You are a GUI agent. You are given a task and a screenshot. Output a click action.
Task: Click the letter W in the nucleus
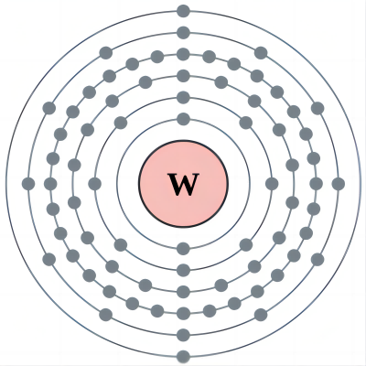[183, 184]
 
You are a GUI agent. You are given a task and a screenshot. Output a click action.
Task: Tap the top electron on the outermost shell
[183, 11]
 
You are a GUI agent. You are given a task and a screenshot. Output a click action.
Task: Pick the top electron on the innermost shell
[183, 119]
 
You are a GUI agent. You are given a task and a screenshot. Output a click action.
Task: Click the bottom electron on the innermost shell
[183, 249]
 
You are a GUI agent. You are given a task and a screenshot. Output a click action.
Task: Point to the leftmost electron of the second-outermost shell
[28, 184]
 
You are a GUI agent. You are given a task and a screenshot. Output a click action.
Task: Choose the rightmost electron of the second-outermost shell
[339, 184]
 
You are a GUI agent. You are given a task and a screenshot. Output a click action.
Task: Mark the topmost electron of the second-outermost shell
[183, 33]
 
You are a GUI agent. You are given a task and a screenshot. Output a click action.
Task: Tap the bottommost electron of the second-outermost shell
[183, 335]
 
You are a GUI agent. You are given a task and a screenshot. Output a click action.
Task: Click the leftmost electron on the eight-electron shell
[94, 184]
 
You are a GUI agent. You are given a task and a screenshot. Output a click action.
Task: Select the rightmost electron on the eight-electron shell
[272, 184]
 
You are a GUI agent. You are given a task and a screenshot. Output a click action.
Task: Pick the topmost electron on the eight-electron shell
[183, 98]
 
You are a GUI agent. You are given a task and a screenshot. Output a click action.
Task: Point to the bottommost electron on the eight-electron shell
[183, 270]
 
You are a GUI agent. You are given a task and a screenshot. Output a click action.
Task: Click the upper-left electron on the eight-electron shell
[121, 123]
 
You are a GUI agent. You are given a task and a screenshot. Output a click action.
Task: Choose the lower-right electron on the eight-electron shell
[246, 244]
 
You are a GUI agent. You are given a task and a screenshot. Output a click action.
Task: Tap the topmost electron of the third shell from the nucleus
[183, 76]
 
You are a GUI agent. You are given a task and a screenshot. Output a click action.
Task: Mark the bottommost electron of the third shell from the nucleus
[183, 292]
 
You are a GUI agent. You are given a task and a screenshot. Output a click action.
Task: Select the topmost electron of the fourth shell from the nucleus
[183, 54]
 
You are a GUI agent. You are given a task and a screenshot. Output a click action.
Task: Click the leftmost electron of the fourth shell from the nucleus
[50, 184]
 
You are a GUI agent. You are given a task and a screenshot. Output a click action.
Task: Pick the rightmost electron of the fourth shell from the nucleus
[316, 184]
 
